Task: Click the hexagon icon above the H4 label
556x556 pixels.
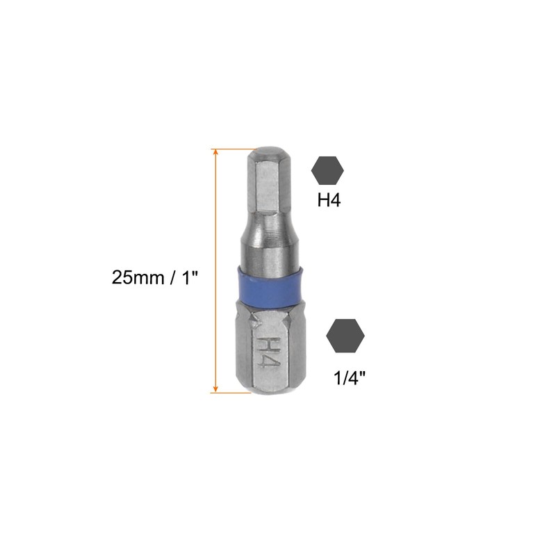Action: point(328,170)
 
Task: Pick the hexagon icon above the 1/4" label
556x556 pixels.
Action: point(345,335)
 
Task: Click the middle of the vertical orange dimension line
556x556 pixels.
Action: point(216,271)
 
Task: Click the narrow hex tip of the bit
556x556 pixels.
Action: point(268,181)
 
